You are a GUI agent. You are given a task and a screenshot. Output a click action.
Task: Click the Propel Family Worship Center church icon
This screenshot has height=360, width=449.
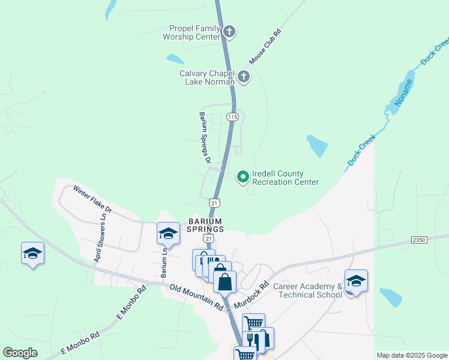(x=229, y=31)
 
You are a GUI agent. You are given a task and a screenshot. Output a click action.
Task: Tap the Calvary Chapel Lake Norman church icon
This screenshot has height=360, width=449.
(x=244, y=76)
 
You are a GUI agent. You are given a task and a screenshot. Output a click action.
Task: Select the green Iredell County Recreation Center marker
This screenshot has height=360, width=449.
(x=243, y=176)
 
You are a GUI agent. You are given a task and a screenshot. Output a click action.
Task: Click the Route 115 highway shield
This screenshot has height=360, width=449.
(x=234, y=116)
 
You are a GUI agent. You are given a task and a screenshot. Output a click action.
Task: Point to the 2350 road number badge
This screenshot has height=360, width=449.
(x=419, y=239)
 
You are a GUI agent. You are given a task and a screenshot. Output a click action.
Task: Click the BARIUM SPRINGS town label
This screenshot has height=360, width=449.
(x=205, y=225)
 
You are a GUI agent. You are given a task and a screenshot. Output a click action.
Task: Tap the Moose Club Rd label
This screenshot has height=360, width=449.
(x=265, y=47)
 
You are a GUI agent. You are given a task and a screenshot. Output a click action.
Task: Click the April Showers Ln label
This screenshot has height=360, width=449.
(x=100, y=238)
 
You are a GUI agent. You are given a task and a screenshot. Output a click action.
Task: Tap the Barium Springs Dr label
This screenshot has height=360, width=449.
(x=205, y=137)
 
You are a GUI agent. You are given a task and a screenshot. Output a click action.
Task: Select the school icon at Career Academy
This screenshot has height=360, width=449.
(x=356, y=281)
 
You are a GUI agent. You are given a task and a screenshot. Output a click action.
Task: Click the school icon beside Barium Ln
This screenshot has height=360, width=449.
(x=168, y=233)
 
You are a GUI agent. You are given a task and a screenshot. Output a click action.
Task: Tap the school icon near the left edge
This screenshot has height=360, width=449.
(x=32, y=253)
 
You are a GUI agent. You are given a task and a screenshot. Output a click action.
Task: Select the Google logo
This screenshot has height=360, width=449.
(x=20, y=353)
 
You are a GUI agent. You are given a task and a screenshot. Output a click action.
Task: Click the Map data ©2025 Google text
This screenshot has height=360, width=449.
(x=412, y=355)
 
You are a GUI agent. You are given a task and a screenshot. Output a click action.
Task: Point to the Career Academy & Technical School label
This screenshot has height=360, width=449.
(x=307, y=290)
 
